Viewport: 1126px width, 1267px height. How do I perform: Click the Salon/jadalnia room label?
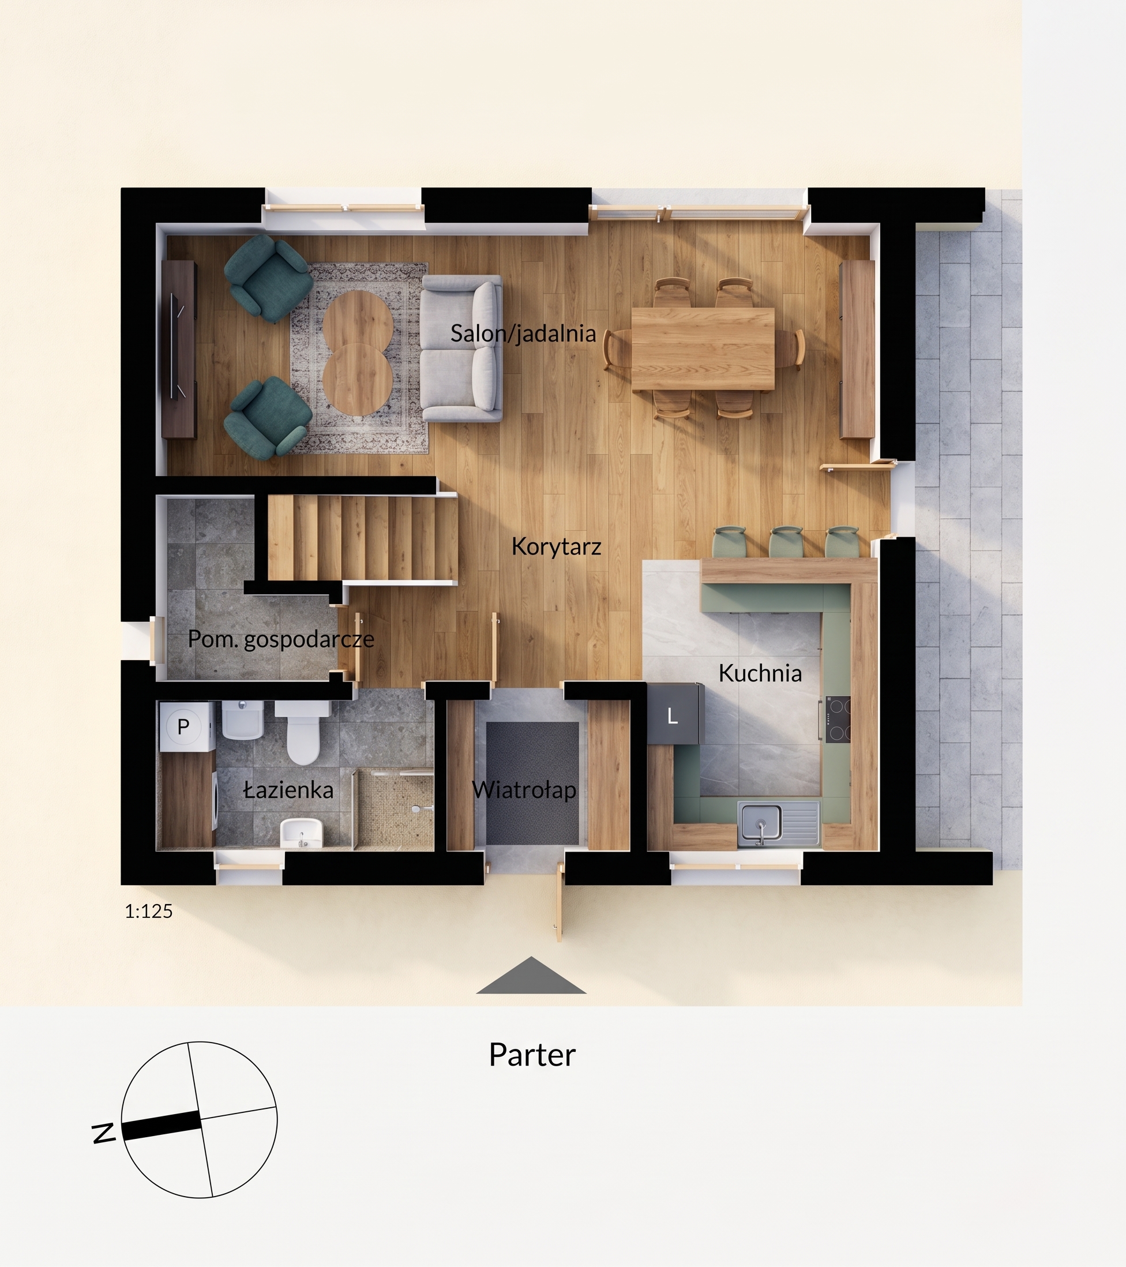[x=523, y=333]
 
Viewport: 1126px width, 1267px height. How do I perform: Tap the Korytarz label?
[x=556, y=547]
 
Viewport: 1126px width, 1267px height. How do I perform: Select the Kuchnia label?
[x=760, y=673]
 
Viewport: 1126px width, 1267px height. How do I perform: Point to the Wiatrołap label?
[x=524, y=790]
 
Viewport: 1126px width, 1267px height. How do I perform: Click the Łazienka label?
[x=288, y=790]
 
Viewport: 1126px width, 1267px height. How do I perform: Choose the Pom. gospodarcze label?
[x=281, y=639]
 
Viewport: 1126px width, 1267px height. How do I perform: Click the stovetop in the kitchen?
[x=837, y=719]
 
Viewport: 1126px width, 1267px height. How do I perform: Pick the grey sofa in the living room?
[x=461, y=348]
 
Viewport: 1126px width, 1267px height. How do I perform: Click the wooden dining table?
[x=703, y=349]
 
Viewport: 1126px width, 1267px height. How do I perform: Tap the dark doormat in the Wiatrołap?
[x=532, y=783]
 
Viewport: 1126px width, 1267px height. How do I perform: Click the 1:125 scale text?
[x=149, y=911]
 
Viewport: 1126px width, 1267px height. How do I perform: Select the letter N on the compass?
[x=103, y=1133]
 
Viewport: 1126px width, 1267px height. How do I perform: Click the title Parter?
[x=532, y=1054]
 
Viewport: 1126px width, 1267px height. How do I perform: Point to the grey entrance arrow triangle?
[x=531, y=975]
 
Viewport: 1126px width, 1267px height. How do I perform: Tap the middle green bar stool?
[x=786, y=542]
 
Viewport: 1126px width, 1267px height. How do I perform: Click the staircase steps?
[x=362, y=537]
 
